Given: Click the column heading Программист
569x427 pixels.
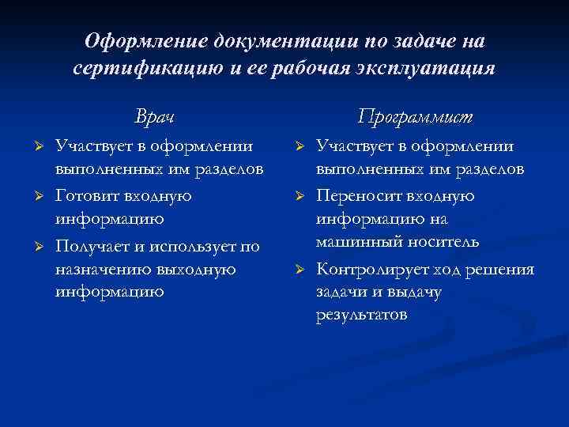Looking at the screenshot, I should pyautogui.click(x=414, y=117).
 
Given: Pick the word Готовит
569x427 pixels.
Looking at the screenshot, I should pyautogui.click(x=86, y=195).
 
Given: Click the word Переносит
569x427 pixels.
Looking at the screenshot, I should pyautogui.click(x=355, y=195).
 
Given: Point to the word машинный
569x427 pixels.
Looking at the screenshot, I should pyautogui.click(x=352, y=242).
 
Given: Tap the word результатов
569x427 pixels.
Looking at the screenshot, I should pyautogui.click(x=362, y=315).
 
